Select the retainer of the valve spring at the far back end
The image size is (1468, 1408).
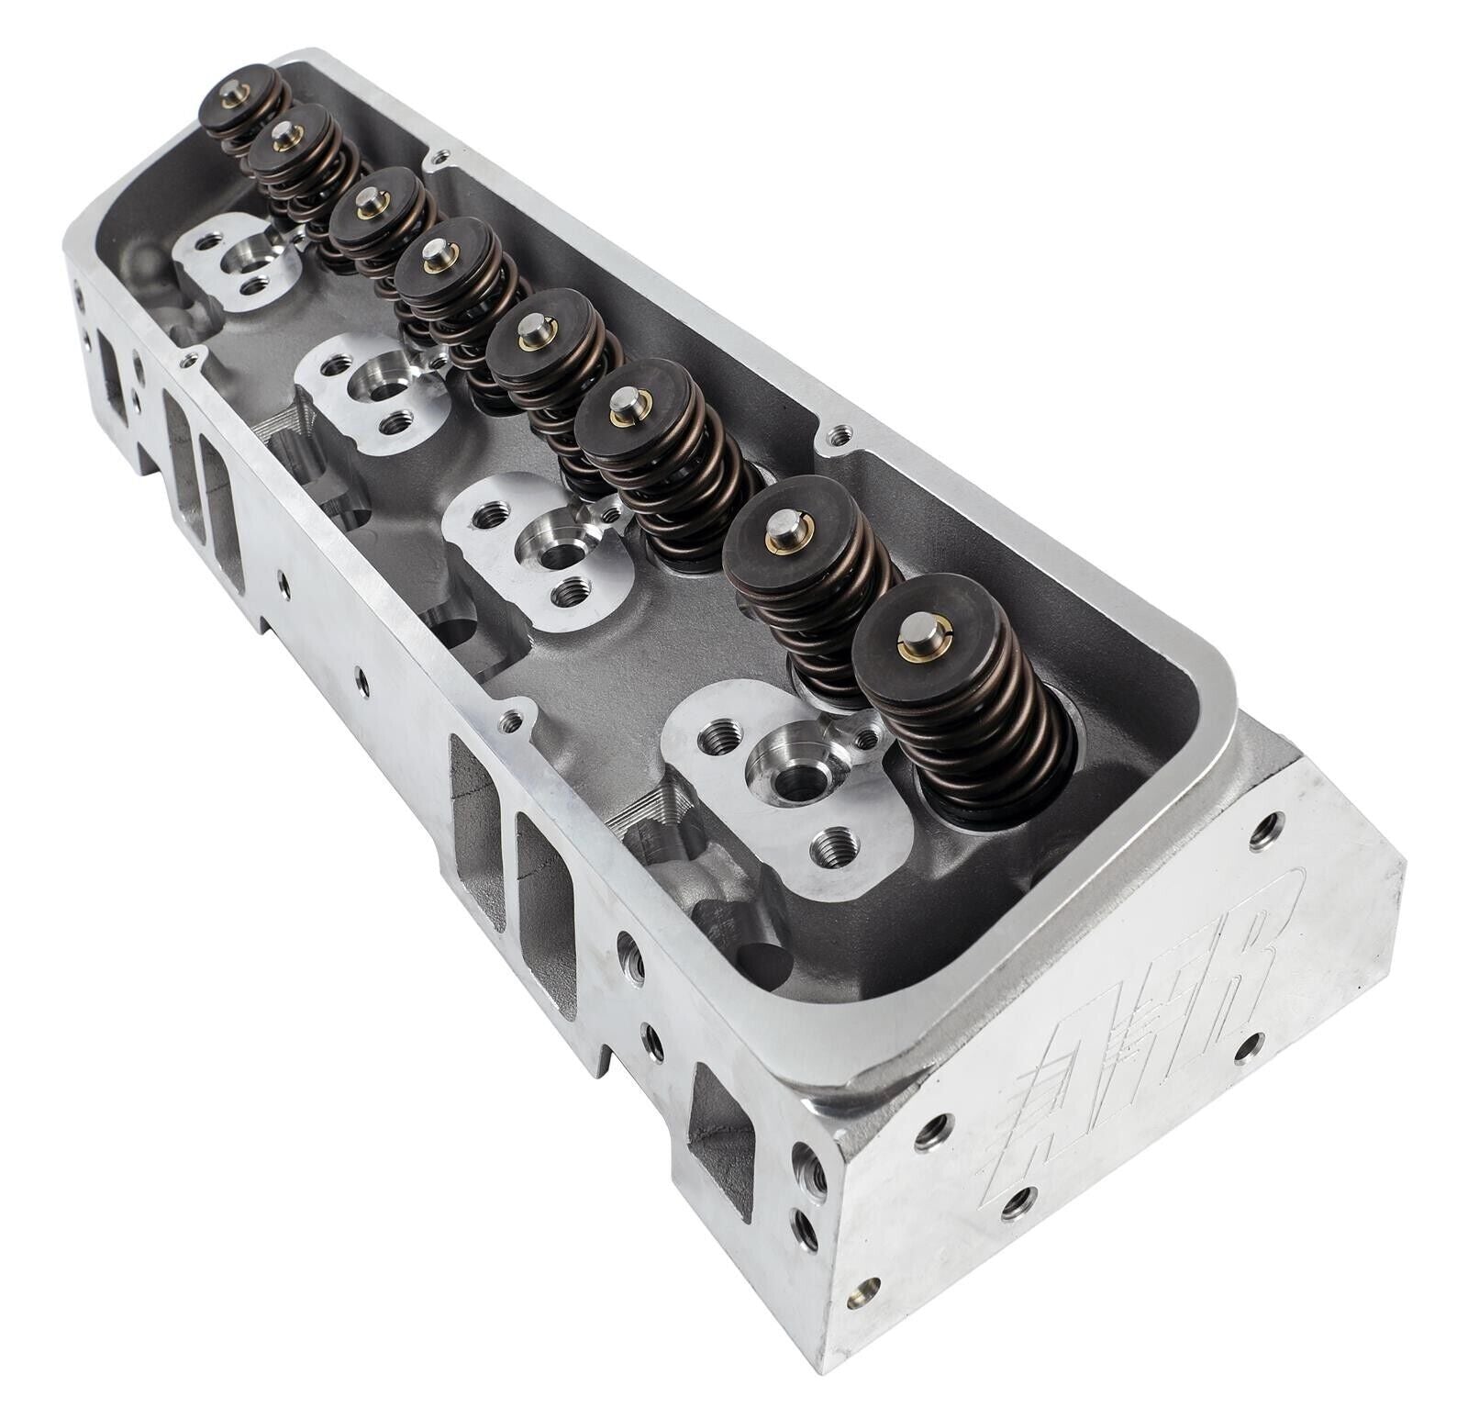point(239,98)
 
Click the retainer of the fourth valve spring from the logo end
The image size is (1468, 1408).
point(533,334)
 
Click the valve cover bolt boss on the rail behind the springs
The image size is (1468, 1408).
point(835,437)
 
